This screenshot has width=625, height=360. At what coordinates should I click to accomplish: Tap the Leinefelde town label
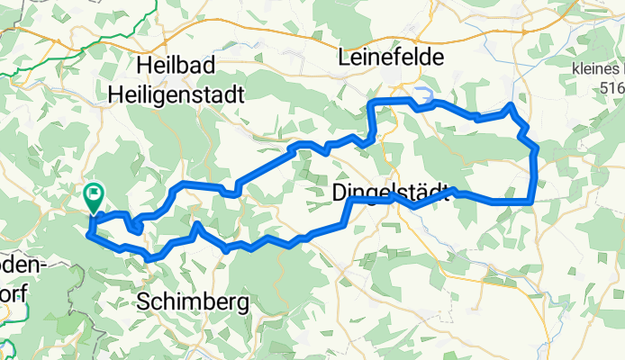(x=392, y=58)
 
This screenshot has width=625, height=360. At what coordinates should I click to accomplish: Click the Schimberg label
(x=194, y=303)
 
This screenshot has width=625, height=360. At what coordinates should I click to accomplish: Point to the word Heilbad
(x=172, y=66)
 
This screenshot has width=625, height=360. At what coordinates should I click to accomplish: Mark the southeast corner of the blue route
(x=532, y=202)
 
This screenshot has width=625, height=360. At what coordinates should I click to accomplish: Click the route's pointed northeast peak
(x=511, y=106)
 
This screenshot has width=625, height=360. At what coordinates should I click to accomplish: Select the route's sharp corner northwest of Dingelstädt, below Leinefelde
(x=370, y=103)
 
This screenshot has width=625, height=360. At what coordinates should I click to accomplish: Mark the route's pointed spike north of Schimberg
(x=196, y=222)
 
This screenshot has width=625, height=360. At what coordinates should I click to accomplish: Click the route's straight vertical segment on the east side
(x=536, y=171)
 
